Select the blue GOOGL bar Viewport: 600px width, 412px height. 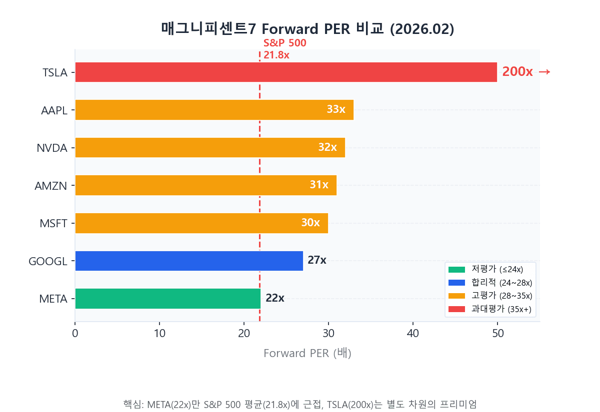tap(189, 261)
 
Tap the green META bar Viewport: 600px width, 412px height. tap(168, 299)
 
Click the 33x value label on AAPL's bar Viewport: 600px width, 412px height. tap(335, 109)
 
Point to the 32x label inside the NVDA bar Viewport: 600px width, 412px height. tap(327, 147)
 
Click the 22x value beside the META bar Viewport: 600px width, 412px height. tap(274, 299)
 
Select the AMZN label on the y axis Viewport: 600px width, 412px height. tap(50, 186)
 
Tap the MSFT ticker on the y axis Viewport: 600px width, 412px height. tap(53, 223)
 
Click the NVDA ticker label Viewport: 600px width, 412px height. tap(51, 148)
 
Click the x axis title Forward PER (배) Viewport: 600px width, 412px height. tap(307, 354)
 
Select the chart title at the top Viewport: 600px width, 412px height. tap(307, 29)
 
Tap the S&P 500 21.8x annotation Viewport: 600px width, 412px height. tap(284, 49)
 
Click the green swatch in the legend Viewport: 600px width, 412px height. tap(456, 270)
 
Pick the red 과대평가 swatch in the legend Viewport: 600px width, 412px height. tap(456, 309)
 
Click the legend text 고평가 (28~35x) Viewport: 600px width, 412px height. tap(501, 296)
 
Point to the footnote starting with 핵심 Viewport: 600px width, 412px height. tap(300, 404)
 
